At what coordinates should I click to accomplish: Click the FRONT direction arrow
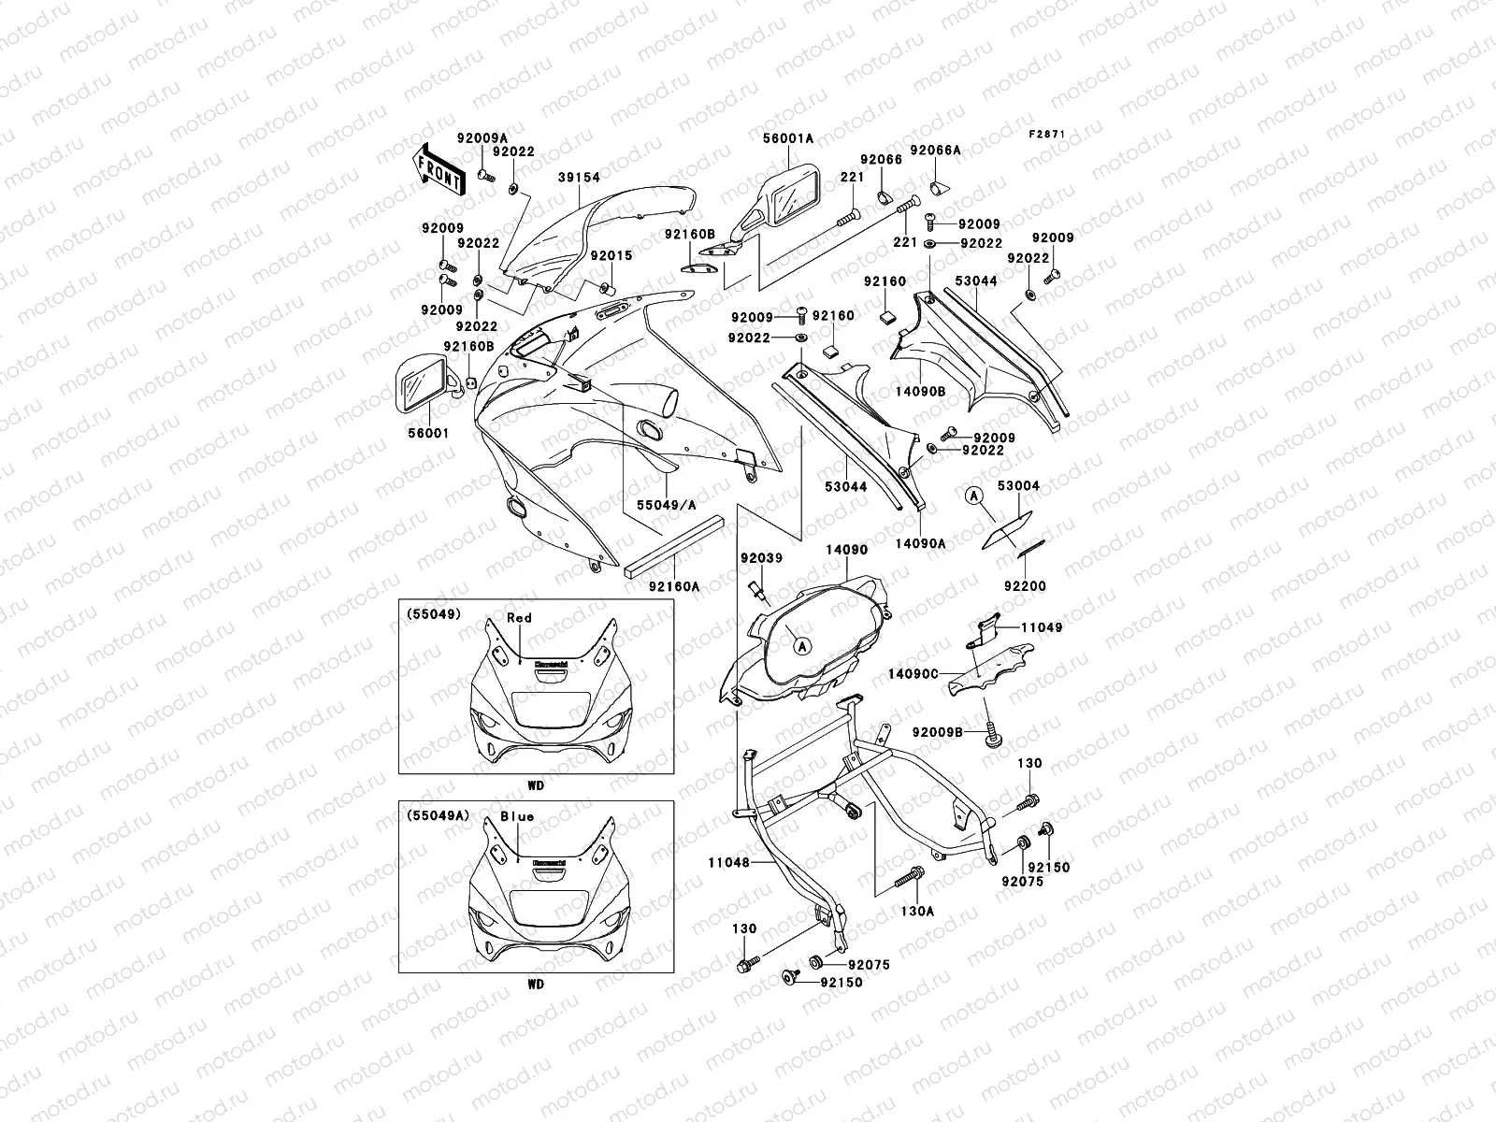pos(439,169)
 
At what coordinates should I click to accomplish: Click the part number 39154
pos(579,177)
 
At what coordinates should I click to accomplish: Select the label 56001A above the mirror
pos(789,138)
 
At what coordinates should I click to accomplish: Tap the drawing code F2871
pos(1048,135)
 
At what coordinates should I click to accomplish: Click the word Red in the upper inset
pos(519,617)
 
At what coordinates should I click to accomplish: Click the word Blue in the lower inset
pos(516,816)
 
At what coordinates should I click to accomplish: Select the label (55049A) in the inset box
pos(435,815)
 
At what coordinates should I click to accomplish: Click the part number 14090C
pos(913,673)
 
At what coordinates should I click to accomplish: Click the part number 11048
pos(729,863)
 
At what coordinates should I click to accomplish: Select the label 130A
pos(917,910)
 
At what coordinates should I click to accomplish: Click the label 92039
pos(761,558)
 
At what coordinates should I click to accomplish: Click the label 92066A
pos(936,150)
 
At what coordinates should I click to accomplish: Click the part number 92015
pos(611,255)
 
